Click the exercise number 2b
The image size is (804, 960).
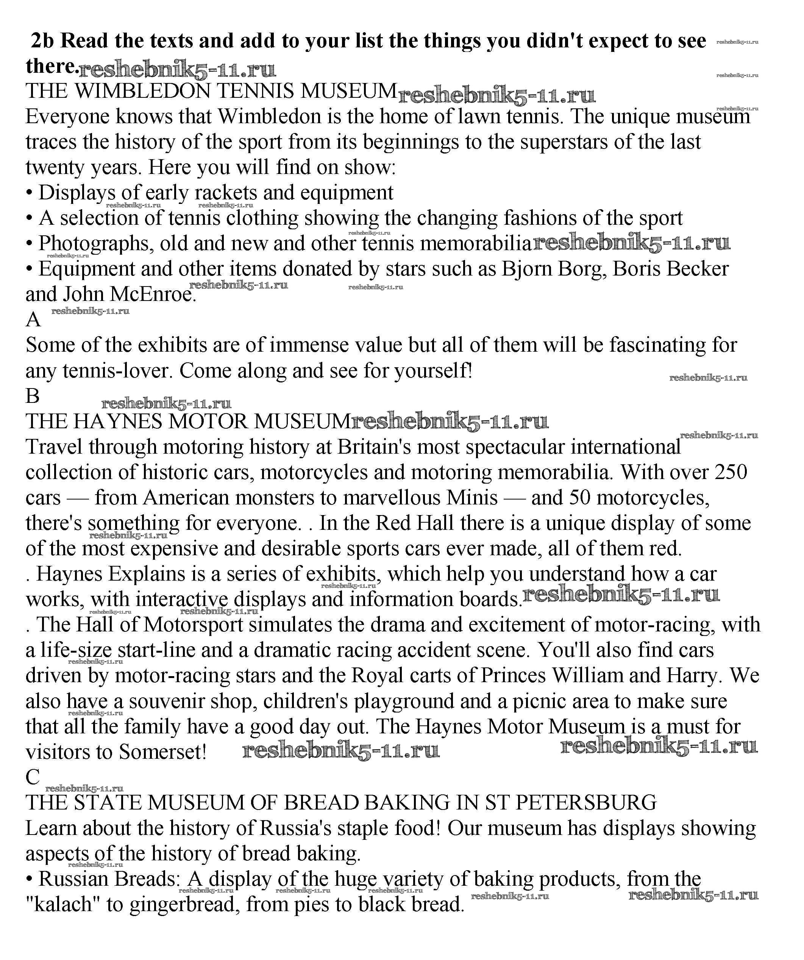pyautogui.click(x=42, y=41)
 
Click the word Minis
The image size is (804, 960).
pyautogui.click(x=472, y=497)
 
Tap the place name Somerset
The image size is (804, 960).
pyautogui.click(x=162, y=752)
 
